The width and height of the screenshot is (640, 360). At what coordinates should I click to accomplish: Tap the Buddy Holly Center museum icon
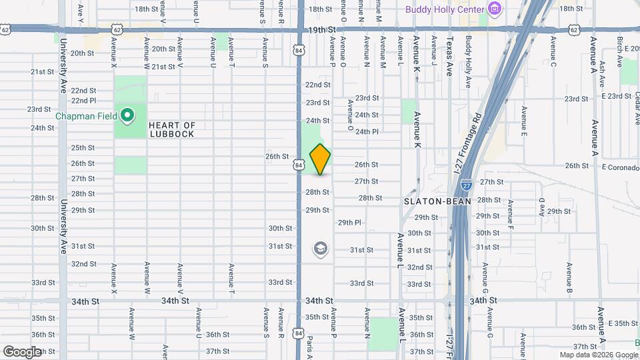[x=494, y=9]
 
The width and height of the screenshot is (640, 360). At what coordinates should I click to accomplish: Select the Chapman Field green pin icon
[x=127, y=115]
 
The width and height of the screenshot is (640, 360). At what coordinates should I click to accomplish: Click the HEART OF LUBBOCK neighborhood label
[x=171, y=129]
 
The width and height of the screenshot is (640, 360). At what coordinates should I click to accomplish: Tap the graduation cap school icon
[x=321, y=249]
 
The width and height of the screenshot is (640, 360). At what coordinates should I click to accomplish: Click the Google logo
[x=21, y=351]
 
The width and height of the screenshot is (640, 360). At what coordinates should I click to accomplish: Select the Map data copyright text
[x=598, y=355]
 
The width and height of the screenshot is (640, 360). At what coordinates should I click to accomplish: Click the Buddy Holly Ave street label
[x=469, y=62]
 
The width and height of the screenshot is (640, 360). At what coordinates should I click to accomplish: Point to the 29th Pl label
[x=349, y=222]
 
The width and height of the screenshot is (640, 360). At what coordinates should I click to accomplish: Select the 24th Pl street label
[x=367, y=131]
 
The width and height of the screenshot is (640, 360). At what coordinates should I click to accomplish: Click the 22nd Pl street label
[x=83, y=101]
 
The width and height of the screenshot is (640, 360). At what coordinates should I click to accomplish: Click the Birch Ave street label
[x=619, y=51]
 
